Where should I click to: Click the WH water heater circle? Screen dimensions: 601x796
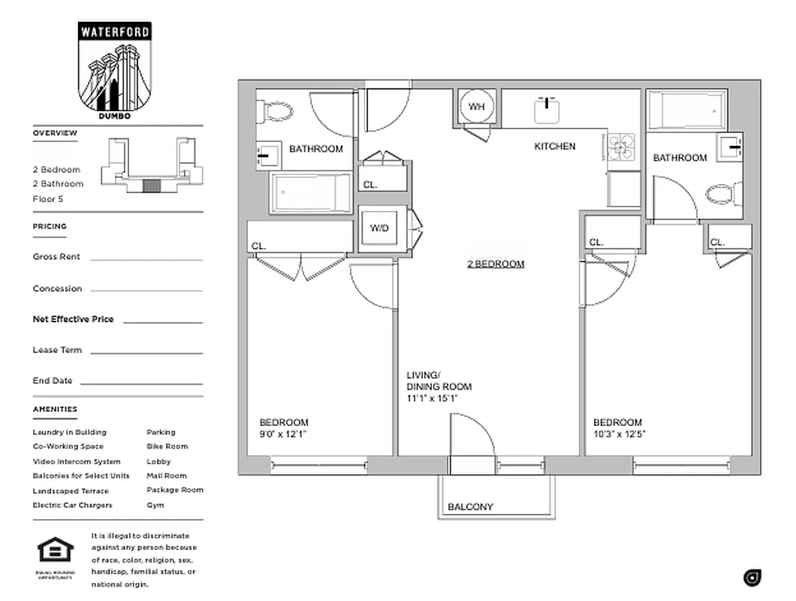click(x=476, y=107)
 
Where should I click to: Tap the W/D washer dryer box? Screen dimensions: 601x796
click(x=379, y=228)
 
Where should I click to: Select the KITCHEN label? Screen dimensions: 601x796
click(x=554, y=146)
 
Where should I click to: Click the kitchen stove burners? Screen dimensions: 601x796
click(x=621, y=147)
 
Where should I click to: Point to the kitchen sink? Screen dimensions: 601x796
click(x=549, y=110)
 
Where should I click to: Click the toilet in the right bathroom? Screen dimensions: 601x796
click(x=722, y=195)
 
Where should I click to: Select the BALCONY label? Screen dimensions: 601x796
click(x=470, y=507)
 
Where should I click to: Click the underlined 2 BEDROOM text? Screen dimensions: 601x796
click(x=496, y=264)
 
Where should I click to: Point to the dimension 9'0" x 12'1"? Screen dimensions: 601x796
click(x=283, y=434)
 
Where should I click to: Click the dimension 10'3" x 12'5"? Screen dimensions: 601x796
click(x=620, y=434)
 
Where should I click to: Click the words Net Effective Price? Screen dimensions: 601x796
click(x=74, y=319)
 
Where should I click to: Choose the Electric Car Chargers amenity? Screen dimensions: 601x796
click(x=72, y=505)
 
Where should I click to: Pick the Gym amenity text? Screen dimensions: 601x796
click(x=155, y=505)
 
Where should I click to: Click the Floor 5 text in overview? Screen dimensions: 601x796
click(x=48, y=198)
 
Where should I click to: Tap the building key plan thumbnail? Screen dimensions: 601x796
click(x=152, y=165)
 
